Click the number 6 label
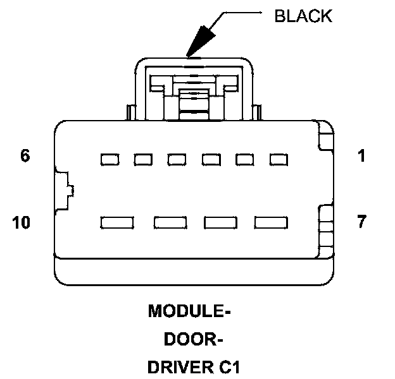pyautogui.click(x=25, y=155)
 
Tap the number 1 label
pyautogui.click(x=361, y=155)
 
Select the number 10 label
pyautogui.click(x=22, y=222)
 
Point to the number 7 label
pyautogui.click(x=361, y=222)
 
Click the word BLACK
pyautogui.click(x=303, y=16)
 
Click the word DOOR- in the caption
pyautogui.click(x=192, y=340)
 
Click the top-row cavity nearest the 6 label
pyautogui.click(x=110, y=159)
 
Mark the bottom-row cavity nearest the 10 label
pyautogui.click(x=117, y=222)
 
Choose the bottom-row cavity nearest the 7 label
pyautogui.click(x=271, y=222)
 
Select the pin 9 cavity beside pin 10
pyautogui.click(x=169, y=222)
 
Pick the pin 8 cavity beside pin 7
pyautogui.click(x=220, y=222)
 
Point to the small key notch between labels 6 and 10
pyautogui.click(x=65, y=189)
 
